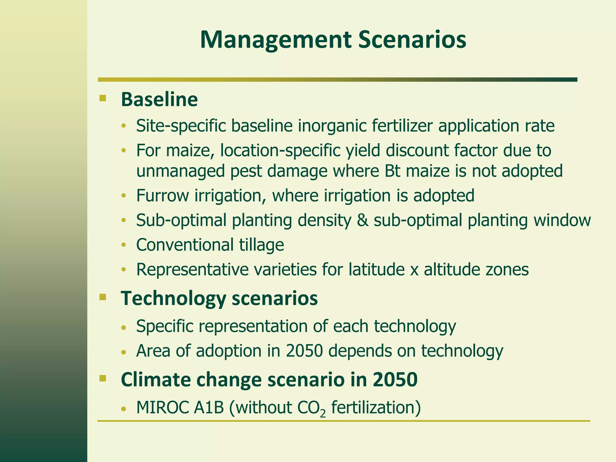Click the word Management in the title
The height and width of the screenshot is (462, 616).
(276, 40)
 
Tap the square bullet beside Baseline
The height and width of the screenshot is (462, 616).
(103, 98)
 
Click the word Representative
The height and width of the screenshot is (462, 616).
(192, 269)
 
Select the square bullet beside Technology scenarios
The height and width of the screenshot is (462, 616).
(103, 297)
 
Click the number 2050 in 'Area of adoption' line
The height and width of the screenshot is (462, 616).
(304, 351)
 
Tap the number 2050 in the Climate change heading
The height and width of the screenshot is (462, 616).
(395, 380)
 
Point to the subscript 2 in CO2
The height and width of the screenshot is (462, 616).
(323, 414)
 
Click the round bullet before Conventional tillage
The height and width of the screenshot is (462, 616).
(123, 245)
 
